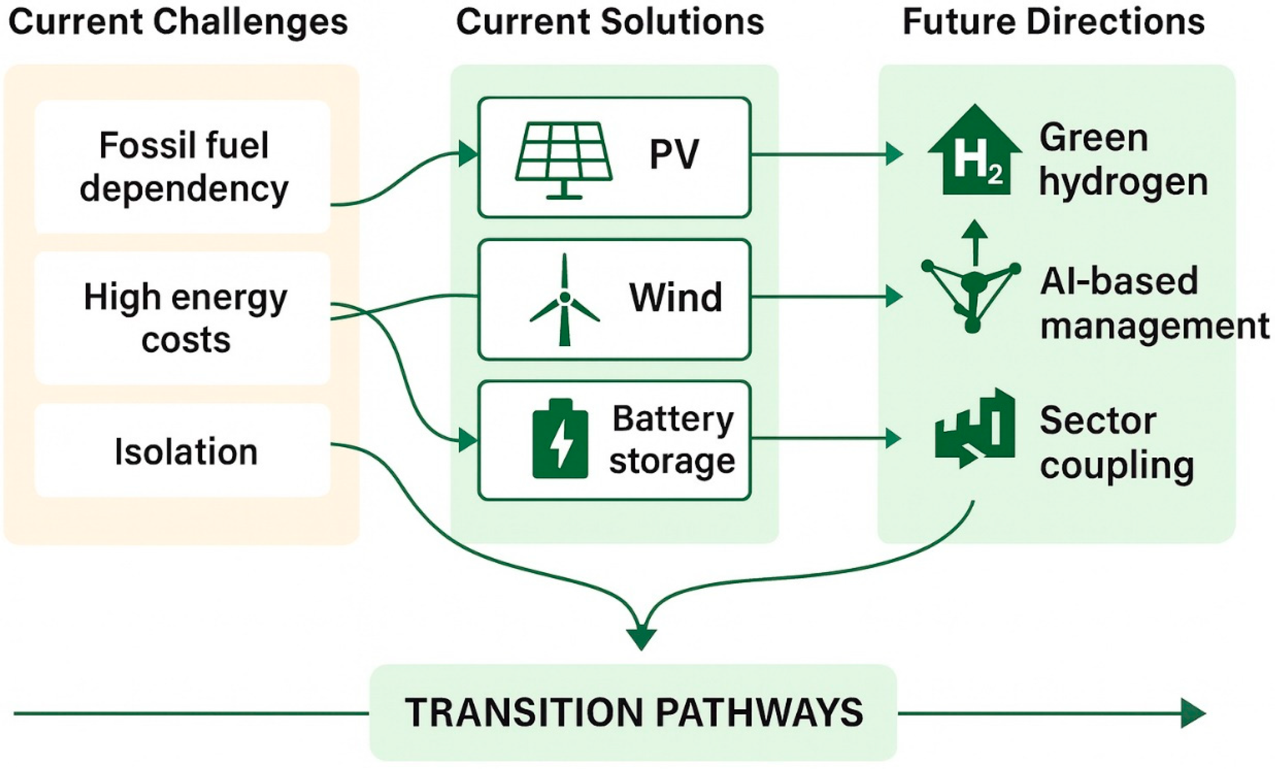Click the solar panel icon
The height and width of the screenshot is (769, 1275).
pos(564,159)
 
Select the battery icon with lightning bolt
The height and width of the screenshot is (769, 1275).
pos(560,438)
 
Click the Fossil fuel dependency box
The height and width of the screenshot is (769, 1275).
pos(183,167)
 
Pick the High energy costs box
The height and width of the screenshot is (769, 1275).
pos(183,318)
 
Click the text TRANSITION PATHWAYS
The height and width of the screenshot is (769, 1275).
pos(633,712)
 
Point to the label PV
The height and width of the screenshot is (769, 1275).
pos(674,154)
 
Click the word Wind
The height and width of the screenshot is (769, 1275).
pos(675,298)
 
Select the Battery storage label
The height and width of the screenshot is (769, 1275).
pos(672,440)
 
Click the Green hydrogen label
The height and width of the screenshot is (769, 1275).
pos(1123,160)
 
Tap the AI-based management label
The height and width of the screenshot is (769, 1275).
pos(1154,303)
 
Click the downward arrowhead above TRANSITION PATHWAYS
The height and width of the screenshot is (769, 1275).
pos(641,638)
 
